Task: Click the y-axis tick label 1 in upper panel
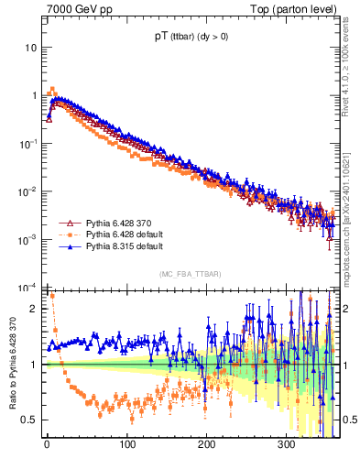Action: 31,95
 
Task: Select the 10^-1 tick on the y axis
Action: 26,144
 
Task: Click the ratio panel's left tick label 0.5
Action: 27,420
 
